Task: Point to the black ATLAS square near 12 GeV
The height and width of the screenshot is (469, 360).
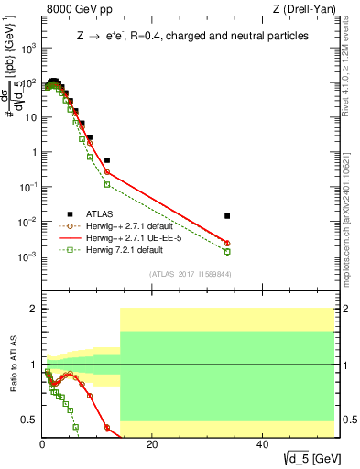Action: tap(107, 160)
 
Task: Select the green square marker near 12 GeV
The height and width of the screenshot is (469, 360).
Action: tap(107, 184)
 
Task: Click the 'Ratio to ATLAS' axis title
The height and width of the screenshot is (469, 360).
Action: tap(12, 366)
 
